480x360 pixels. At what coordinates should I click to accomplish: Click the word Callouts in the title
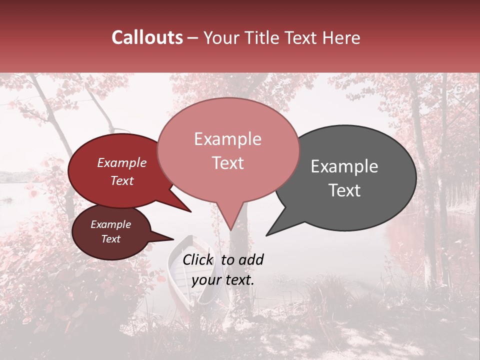pos(147,37)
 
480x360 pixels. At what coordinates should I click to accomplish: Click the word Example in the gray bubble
pos(344,166)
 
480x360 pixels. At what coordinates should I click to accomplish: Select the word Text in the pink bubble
pos(228,163)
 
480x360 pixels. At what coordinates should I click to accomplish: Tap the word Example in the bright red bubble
pos(121,162)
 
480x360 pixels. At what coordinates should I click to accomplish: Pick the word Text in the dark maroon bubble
pos(110,239)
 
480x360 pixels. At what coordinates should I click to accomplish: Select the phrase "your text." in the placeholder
pos(223,280)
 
